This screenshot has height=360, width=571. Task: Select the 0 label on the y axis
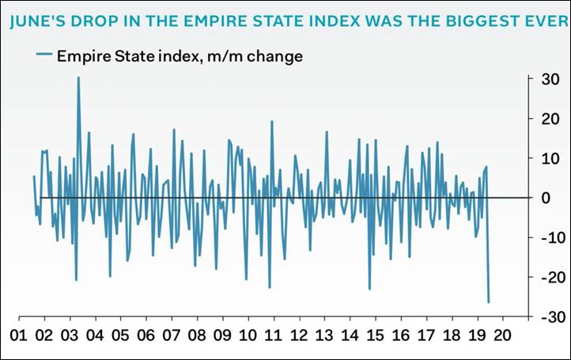(542, 198)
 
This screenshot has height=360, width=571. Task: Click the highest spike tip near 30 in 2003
(78, 78)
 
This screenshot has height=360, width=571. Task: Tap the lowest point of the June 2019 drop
(489, 302)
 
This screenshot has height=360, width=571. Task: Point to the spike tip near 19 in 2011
(271, 122)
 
